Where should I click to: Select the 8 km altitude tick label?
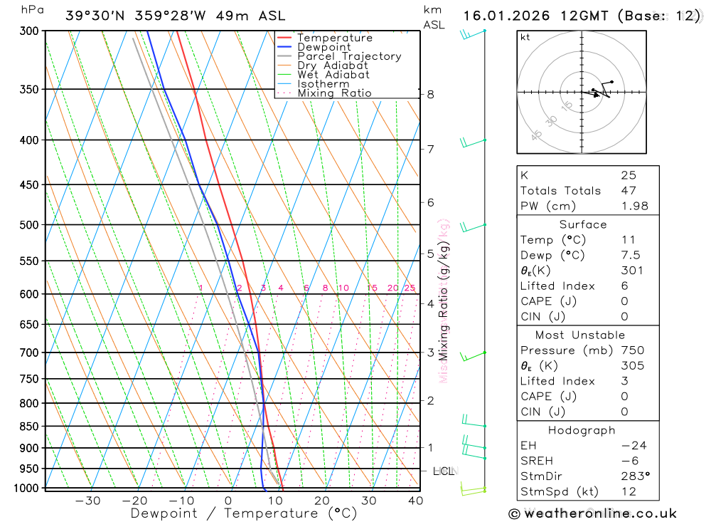[431, 94]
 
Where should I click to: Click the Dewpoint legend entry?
[324, 47]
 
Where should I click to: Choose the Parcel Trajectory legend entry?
[349, 56]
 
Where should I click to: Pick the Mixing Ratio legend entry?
[334, 93]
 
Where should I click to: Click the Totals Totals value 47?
[628, 191]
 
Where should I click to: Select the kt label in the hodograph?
[525, 37]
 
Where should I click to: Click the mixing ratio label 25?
[410, 288]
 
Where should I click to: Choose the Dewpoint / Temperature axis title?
[243, 513]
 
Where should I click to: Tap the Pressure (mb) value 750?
[632, 350]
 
